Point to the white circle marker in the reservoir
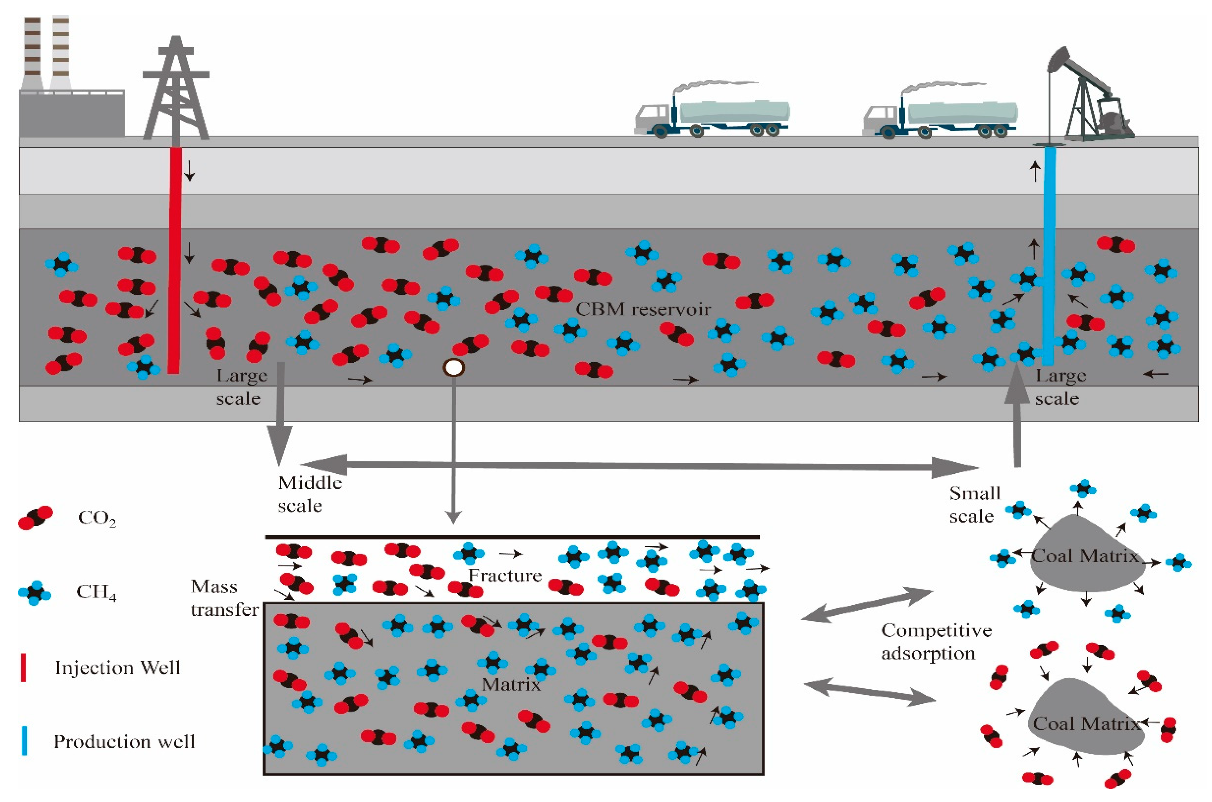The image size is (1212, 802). click(453, 367)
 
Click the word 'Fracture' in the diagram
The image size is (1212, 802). click(505, 576)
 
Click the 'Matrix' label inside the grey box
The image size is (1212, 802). click(511, 684)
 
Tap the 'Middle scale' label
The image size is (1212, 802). click(309, 493)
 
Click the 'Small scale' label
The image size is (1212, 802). click(974, 504)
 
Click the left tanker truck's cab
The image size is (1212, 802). click(652, 119)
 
